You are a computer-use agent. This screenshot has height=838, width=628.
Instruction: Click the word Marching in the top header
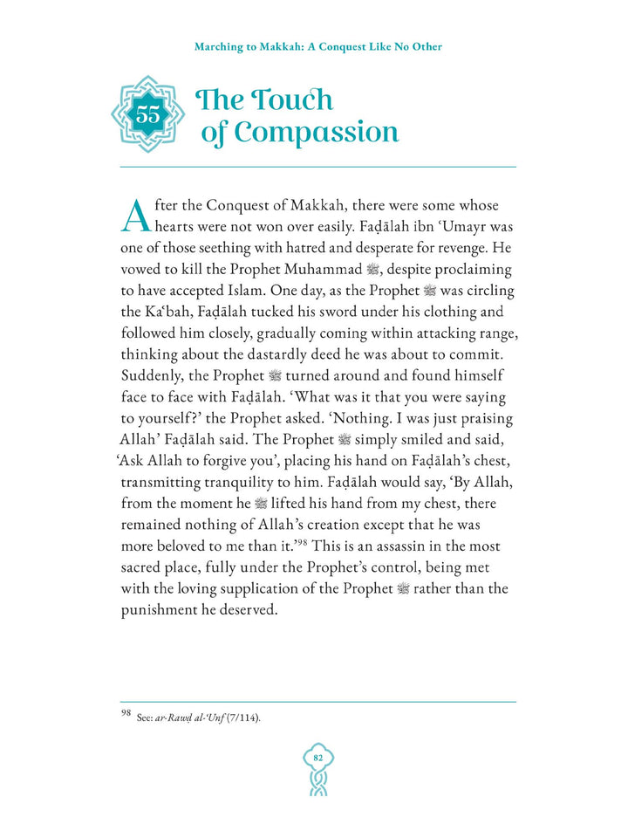coord(220,46)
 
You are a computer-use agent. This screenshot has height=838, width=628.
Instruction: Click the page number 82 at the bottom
coord(317,759)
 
